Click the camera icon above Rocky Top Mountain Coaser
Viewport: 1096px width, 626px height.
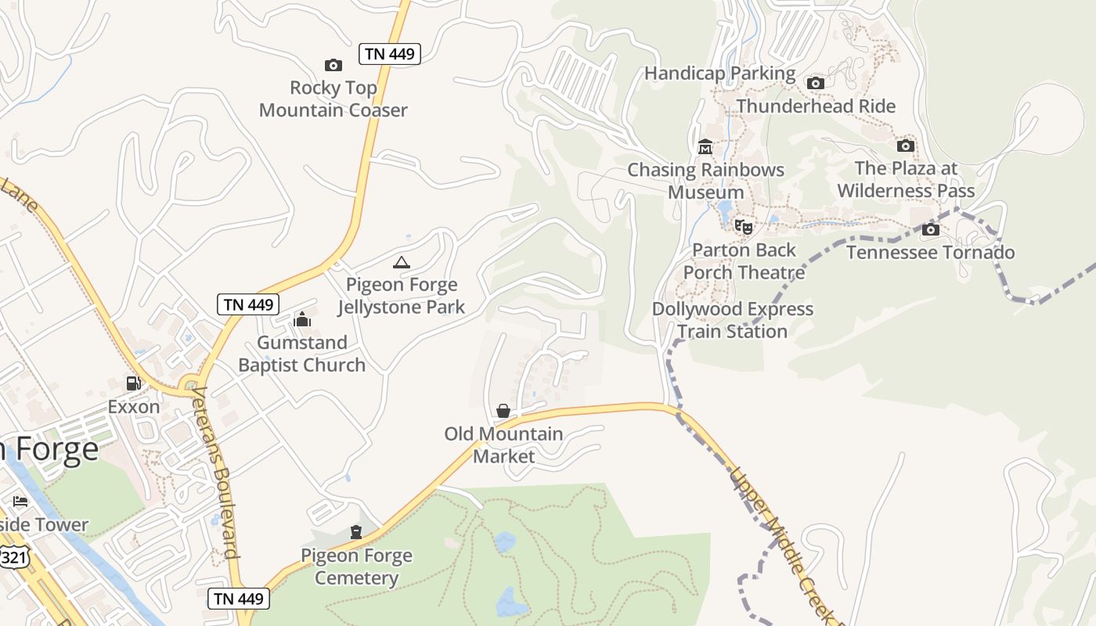pos(333,65)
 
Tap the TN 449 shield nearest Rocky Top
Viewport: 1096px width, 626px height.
pos(390,54)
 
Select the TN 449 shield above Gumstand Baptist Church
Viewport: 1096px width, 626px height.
pos(248,304)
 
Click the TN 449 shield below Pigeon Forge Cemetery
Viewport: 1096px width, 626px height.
pos(239,599)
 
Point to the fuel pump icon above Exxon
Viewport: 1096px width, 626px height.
pos(134,383)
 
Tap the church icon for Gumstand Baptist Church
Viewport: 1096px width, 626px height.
pos(302,319)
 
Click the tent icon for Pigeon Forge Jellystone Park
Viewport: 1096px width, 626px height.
pos(401,262)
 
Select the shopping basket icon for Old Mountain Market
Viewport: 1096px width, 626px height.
pos(503,411)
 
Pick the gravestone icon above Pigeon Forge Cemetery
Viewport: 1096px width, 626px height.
pos(356,532)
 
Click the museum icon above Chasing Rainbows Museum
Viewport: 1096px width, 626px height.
pos(705,147)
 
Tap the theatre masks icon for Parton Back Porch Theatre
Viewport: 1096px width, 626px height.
pos(743,227)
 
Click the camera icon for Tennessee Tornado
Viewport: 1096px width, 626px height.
pos(930,229)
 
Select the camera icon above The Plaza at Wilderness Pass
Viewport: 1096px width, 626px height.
pos(906,146)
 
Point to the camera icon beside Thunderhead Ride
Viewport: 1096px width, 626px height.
pos(816,83)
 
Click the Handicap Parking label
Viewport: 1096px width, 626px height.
pos(719,74)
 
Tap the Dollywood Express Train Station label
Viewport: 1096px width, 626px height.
pos(733,320)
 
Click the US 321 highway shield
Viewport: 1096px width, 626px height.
pos(12,556)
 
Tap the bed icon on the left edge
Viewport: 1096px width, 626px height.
pos(20,501)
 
